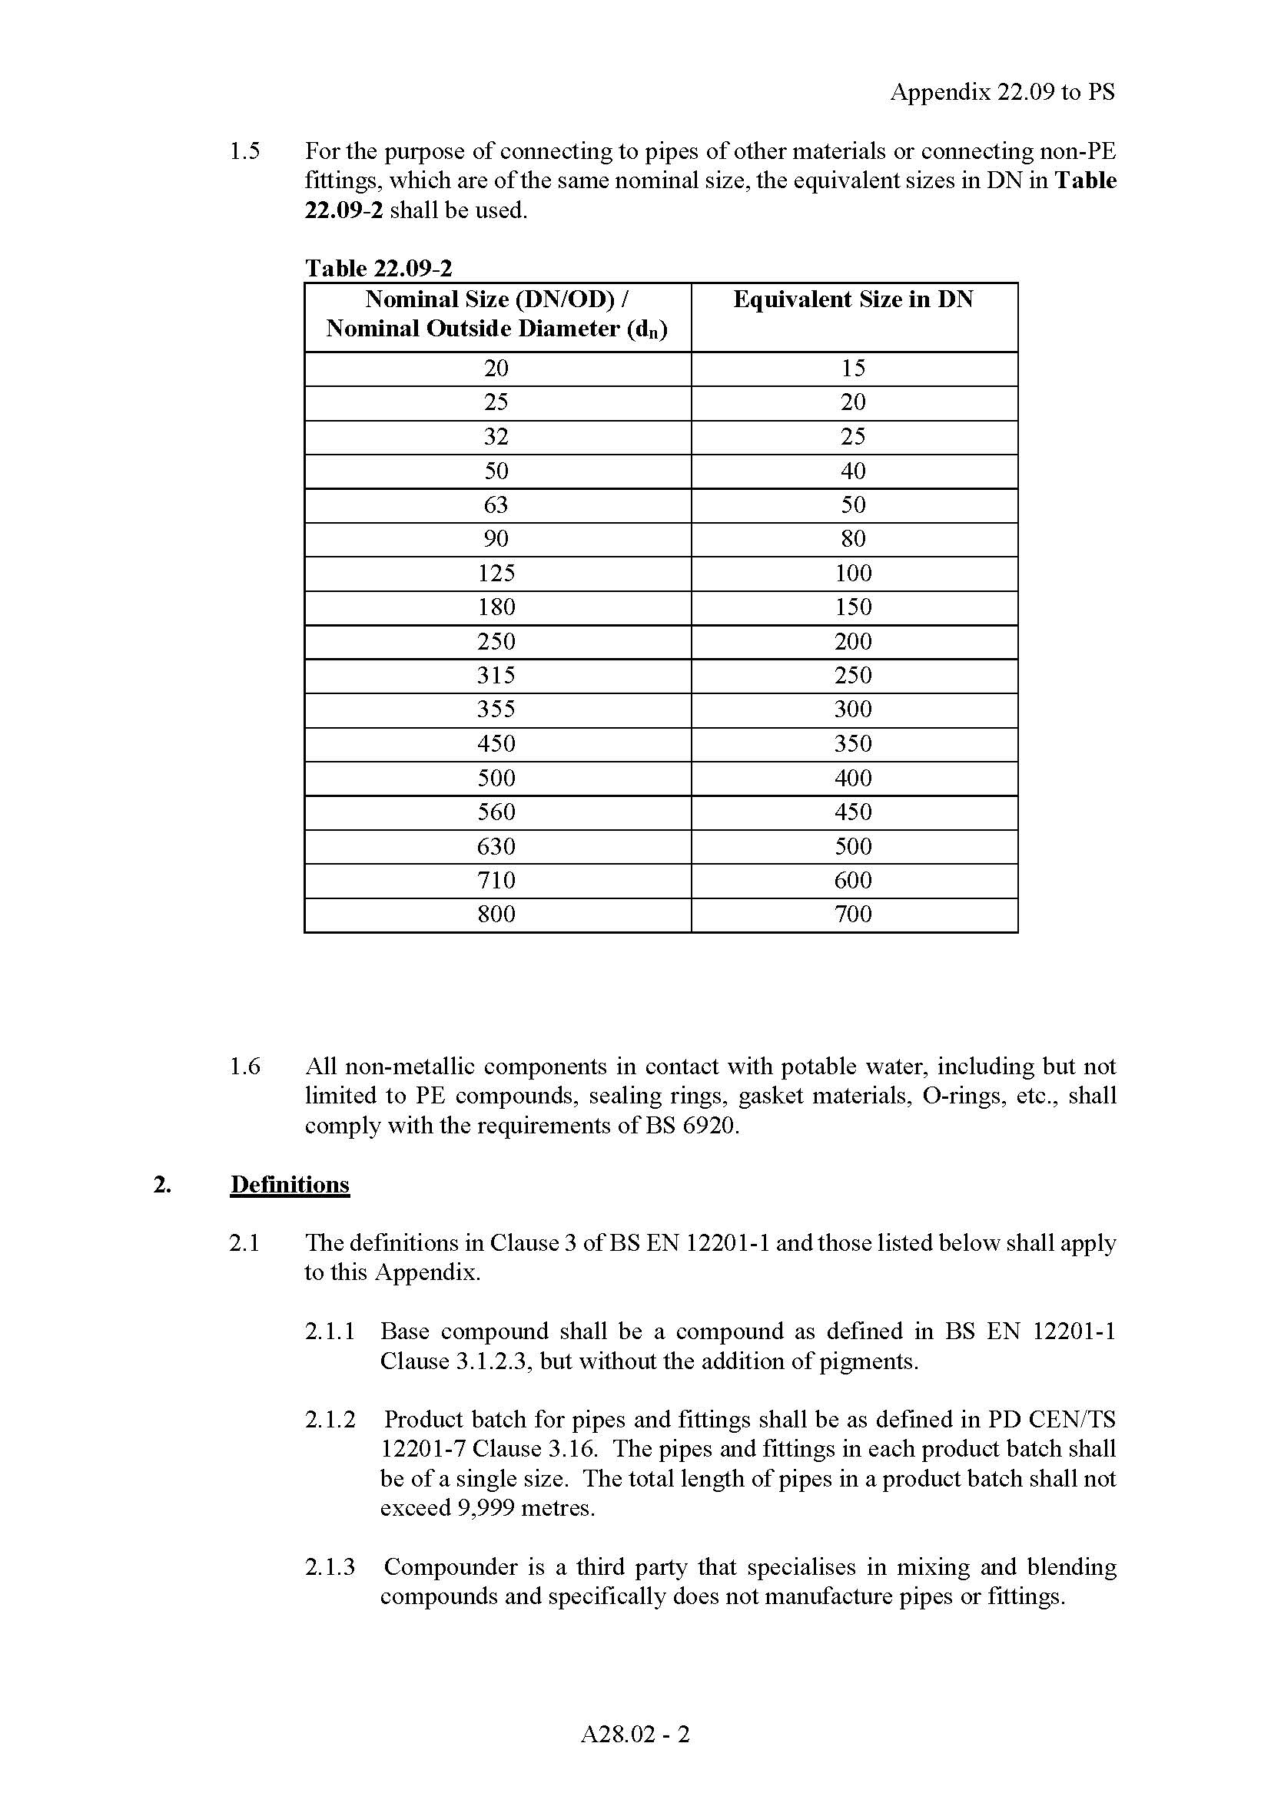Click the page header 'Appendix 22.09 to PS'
click(x=1002, y=92)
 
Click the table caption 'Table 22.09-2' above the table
click(x=378, y=268)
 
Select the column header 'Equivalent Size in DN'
click(x=853, y=299)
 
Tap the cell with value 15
click(x=853, y=369)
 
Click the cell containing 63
click(x=496, y=505)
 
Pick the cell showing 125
click(x=496, y=574)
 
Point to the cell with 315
click(x=496, y=676)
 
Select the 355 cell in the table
click(x=496, y=709)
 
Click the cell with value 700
click(x=853, y=915)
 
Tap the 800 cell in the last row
click(x=496, y=915)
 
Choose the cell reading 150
click(x=853, y=608)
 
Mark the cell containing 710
click(x=496, y=881)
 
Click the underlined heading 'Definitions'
click(x=290, y=1184)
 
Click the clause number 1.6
click(x=244, y=1067)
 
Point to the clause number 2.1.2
click(x=330, y=1419)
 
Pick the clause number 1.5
click(x=244, y=151)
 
